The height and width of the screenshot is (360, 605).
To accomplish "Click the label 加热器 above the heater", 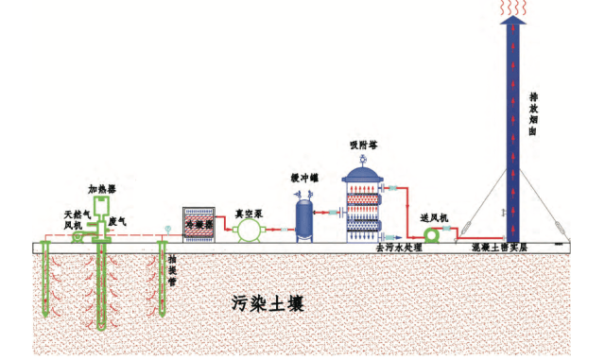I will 102,188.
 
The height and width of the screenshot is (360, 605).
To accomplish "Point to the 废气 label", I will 118,221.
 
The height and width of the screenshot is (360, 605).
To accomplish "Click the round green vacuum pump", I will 249,230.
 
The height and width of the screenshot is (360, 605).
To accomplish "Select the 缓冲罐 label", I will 305,178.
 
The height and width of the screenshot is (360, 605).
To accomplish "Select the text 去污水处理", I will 398,248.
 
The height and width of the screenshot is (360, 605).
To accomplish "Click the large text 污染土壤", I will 269,304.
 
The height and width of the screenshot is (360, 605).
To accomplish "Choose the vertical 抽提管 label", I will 171,267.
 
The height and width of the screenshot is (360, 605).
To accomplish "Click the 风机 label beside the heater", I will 73,225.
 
